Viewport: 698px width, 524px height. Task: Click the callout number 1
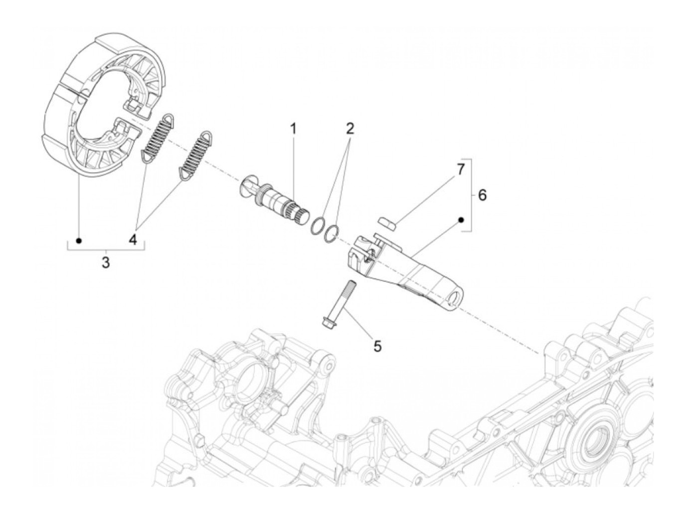coord(293,129)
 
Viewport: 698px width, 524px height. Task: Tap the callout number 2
coord(350,129)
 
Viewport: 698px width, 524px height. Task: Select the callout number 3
coord(105,262)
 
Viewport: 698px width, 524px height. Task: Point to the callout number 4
coord(133,240)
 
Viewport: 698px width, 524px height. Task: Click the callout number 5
coord(377,346)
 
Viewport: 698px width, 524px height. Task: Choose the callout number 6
coord(482,195)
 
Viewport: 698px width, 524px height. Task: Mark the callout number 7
coord(460,169)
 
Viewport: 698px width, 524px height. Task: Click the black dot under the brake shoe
coord(78,241)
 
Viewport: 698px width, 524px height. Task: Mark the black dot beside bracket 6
coord(461,219)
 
